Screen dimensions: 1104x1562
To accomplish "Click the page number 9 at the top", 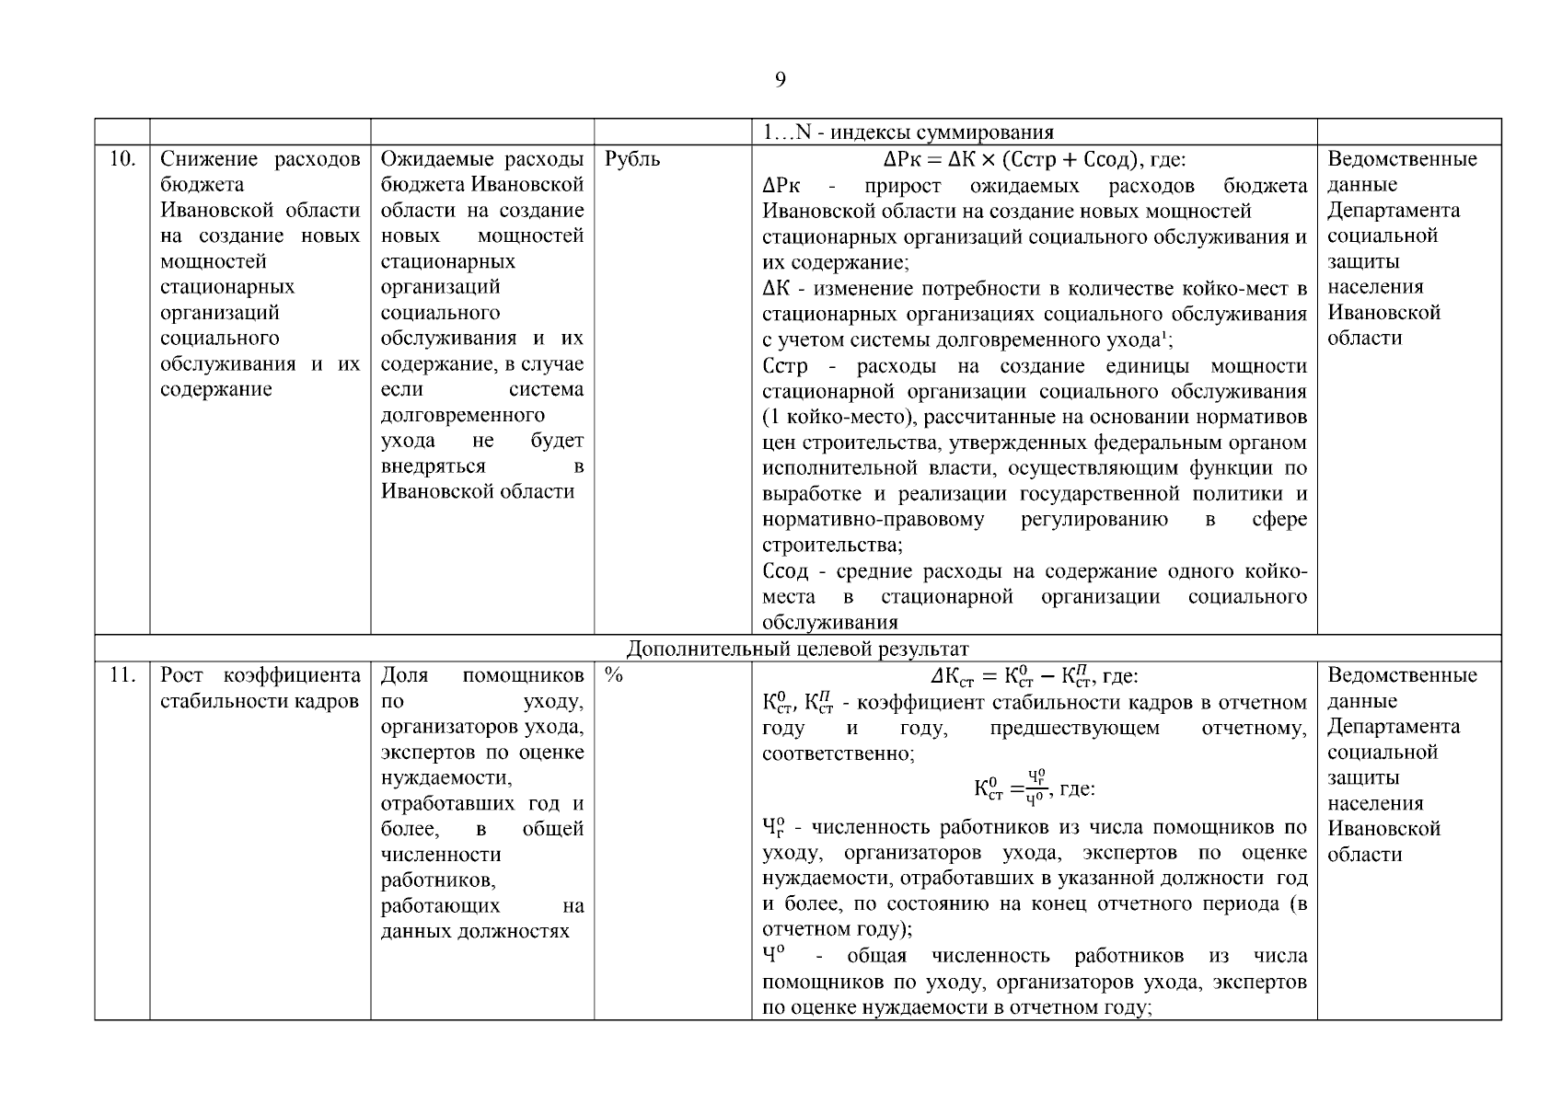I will [x=780, y=80].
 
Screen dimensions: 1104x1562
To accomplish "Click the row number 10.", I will [x=121, y=159].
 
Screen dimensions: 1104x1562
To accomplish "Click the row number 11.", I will [x=121, y=675].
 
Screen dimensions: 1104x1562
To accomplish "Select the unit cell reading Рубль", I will [x=632, y=159].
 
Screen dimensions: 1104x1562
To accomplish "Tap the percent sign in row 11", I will [x=614, y=675].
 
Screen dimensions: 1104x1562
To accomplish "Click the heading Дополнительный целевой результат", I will [x=797, y=649].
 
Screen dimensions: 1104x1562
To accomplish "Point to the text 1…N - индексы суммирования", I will [x=908, y=132].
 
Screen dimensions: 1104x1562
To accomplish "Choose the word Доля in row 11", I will [x=405, y=675].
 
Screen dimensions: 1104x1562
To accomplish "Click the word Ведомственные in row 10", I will [x=1401, y=159].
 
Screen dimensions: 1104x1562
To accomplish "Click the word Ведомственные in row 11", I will [x=1401, y=675].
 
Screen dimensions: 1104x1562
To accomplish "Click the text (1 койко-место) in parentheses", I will [x=842, y=418].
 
